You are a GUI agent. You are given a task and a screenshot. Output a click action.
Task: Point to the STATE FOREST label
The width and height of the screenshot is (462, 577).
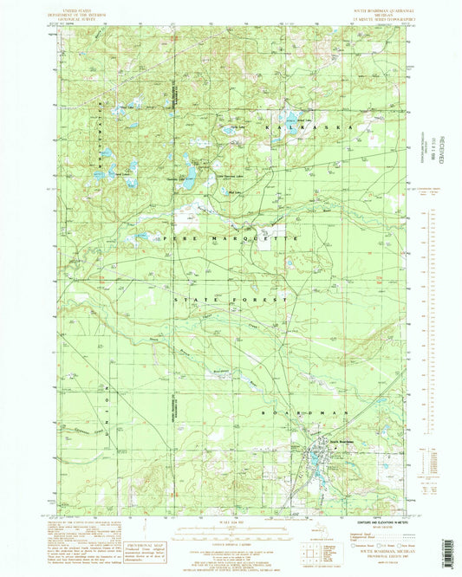231,299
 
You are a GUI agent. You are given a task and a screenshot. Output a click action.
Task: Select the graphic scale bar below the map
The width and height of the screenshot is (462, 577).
231,525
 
